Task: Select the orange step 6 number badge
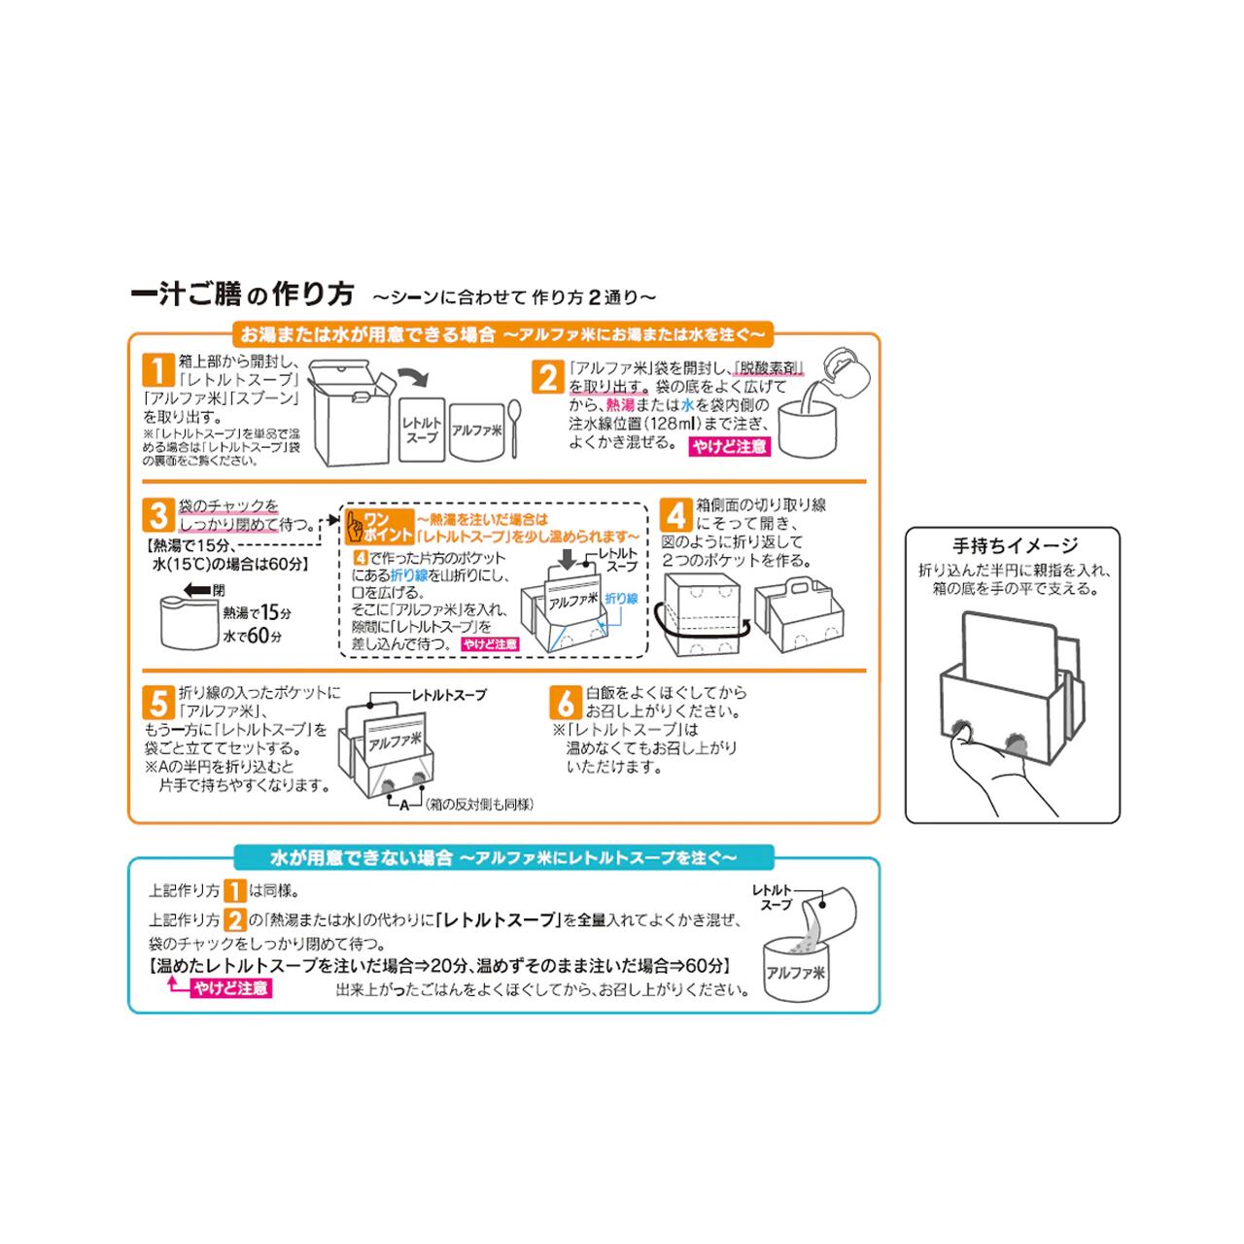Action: tap(565, 702)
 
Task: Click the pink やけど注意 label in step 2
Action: tap(729, 447)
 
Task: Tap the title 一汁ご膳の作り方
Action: tap(241, 294)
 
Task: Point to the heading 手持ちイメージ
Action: tap(1015, 546)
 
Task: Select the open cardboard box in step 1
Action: tap(350, 413)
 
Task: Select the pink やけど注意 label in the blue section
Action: tap(230, 988)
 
